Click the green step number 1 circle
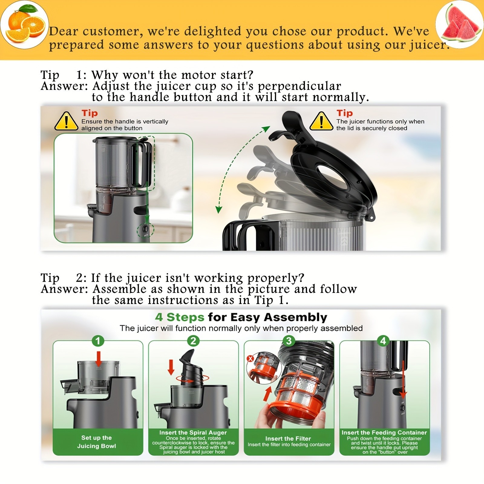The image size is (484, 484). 98,341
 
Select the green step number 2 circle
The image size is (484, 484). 193,341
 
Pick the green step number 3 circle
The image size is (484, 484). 289,341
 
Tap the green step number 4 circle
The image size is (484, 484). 383,341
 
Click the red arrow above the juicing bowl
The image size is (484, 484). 98,358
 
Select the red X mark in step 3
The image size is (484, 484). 250,359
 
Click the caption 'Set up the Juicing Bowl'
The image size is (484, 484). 96,442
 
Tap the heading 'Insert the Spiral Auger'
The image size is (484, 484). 193,433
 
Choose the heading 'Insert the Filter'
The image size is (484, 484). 288,438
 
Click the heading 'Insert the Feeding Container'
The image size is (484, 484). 384,433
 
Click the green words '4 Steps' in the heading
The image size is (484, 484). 180,317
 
